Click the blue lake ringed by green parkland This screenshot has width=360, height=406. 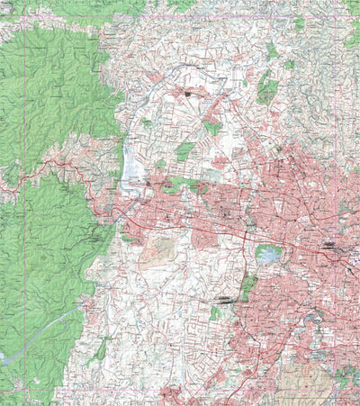tap(267, 254)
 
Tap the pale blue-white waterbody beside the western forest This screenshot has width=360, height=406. tap(130, 166)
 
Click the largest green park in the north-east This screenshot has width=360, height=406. tap(267, 90)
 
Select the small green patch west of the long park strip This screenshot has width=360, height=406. tap(215, 313)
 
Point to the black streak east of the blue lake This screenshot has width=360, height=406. tap(328, 244)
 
